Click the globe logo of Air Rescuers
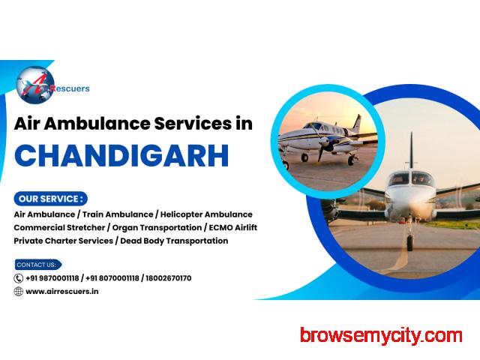(x=35, y=85)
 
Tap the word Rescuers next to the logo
(x=70, y=88)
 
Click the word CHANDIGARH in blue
(x=121, y=155)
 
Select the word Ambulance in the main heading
(x=97, y=123)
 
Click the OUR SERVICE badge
(x=50, y=199)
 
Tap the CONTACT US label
(x=38, y=265)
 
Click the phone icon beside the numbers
(x=18, y=278)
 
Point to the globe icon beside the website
(x=18, y=292)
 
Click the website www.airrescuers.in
(x=62, y=292)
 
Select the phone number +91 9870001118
(x=52, y=278)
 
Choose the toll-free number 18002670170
(x=168, y=278)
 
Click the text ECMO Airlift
(x=233, y=227)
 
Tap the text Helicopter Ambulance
(x=206, y=214)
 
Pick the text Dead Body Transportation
(x=174, y=241)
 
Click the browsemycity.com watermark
(x=381, y=336)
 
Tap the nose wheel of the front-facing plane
(x=409, y=241)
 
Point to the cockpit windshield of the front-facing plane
(x=411, y=178)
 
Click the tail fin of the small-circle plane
(x=357, y=123)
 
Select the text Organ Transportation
(x=157, y=228)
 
